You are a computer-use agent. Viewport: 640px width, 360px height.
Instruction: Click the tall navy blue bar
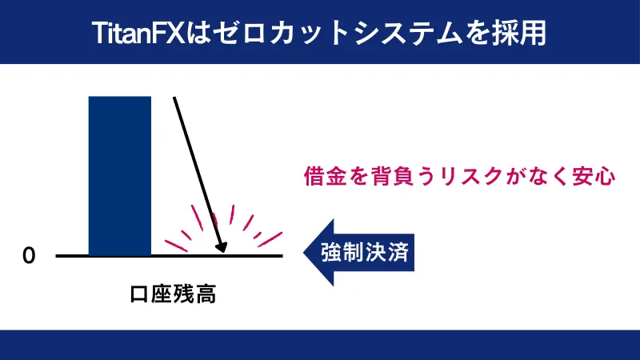point(119,175)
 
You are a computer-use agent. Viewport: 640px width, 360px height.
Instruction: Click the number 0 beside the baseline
point(30,256)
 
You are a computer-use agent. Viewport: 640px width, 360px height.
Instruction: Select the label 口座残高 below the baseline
point(174,294)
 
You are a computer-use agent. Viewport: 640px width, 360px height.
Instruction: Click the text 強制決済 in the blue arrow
point(365,252)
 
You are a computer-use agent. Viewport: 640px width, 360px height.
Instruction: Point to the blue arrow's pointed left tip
point(305,252)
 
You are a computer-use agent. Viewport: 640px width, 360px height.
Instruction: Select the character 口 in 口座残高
point(140,294)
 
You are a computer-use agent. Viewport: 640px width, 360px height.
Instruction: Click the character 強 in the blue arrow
point(331,252)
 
